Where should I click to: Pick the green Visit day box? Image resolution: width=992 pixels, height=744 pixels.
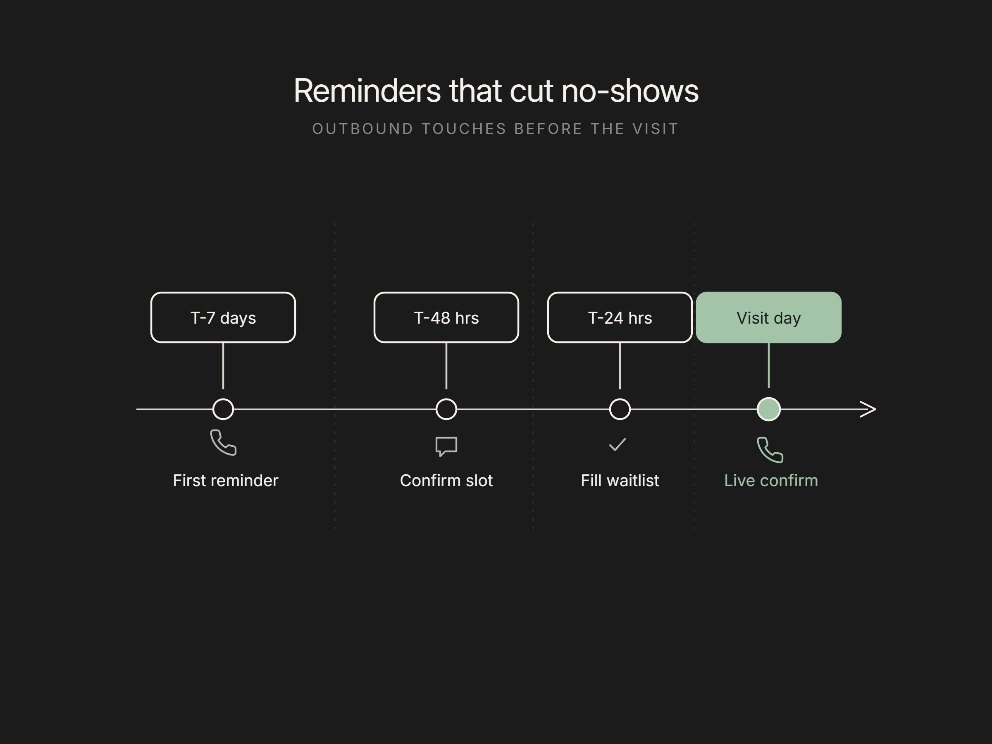tap(769, 317)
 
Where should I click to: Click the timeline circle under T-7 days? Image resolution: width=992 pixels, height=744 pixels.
tap(223, 399)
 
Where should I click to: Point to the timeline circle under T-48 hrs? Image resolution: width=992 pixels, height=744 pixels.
tap(446, 399)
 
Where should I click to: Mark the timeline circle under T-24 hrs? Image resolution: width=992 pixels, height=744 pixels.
tap(620, 399)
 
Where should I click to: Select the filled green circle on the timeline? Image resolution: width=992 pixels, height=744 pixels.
tap(769, 409)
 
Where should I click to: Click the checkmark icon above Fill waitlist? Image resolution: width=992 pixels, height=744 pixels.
tap(617, 445)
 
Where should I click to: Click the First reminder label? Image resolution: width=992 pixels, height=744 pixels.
tap(226, 480)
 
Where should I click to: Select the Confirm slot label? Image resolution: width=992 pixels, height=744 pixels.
tap(446, 480)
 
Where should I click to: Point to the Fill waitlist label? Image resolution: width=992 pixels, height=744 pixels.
tap(620, 480)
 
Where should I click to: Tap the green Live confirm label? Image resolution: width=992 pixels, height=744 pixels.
tap(771, 480)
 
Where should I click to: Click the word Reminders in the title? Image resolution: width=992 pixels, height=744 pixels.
tap(367, 91)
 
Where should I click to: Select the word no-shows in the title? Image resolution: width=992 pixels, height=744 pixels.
tap(630, 91)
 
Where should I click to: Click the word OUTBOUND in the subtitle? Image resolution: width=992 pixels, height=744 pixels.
tap(363, 129)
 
